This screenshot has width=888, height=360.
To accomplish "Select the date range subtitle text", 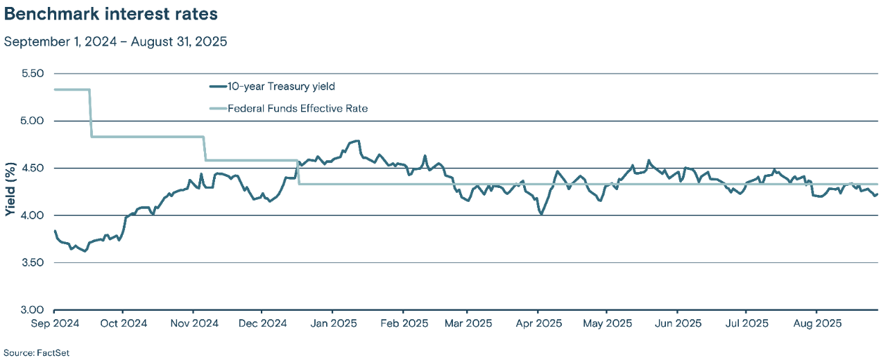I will coord(116,42).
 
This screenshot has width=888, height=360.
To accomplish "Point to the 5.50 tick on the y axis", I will coord(29,74).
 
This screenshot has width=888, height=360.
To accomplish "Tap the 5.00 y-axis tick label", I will coord(29,121).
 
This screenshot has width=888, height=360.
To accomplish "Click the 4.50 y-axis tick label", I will coord(29,168).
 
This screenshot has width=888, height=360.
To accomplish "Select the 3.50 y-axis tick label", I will coord(29,263).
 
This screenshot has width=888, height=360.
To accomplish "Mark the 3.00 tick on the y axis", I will coord(29,310).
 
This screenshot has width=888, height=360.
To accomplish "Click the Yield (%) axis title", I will coord(10,191).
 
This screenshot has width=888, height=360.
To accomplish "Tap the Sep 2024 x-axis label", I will coord(54,323).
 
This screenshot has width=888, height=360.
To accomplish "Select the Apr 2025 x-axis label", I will coord(538,323).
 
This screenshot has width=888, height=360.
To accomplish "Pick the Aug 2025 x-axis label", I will coord(816,323).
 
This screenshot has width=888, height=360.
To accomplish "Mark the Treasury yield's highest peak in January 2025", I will coord(358,141).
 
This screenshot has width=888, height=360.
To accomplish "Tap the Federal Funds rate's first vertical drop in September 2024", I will coord(90,113).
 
